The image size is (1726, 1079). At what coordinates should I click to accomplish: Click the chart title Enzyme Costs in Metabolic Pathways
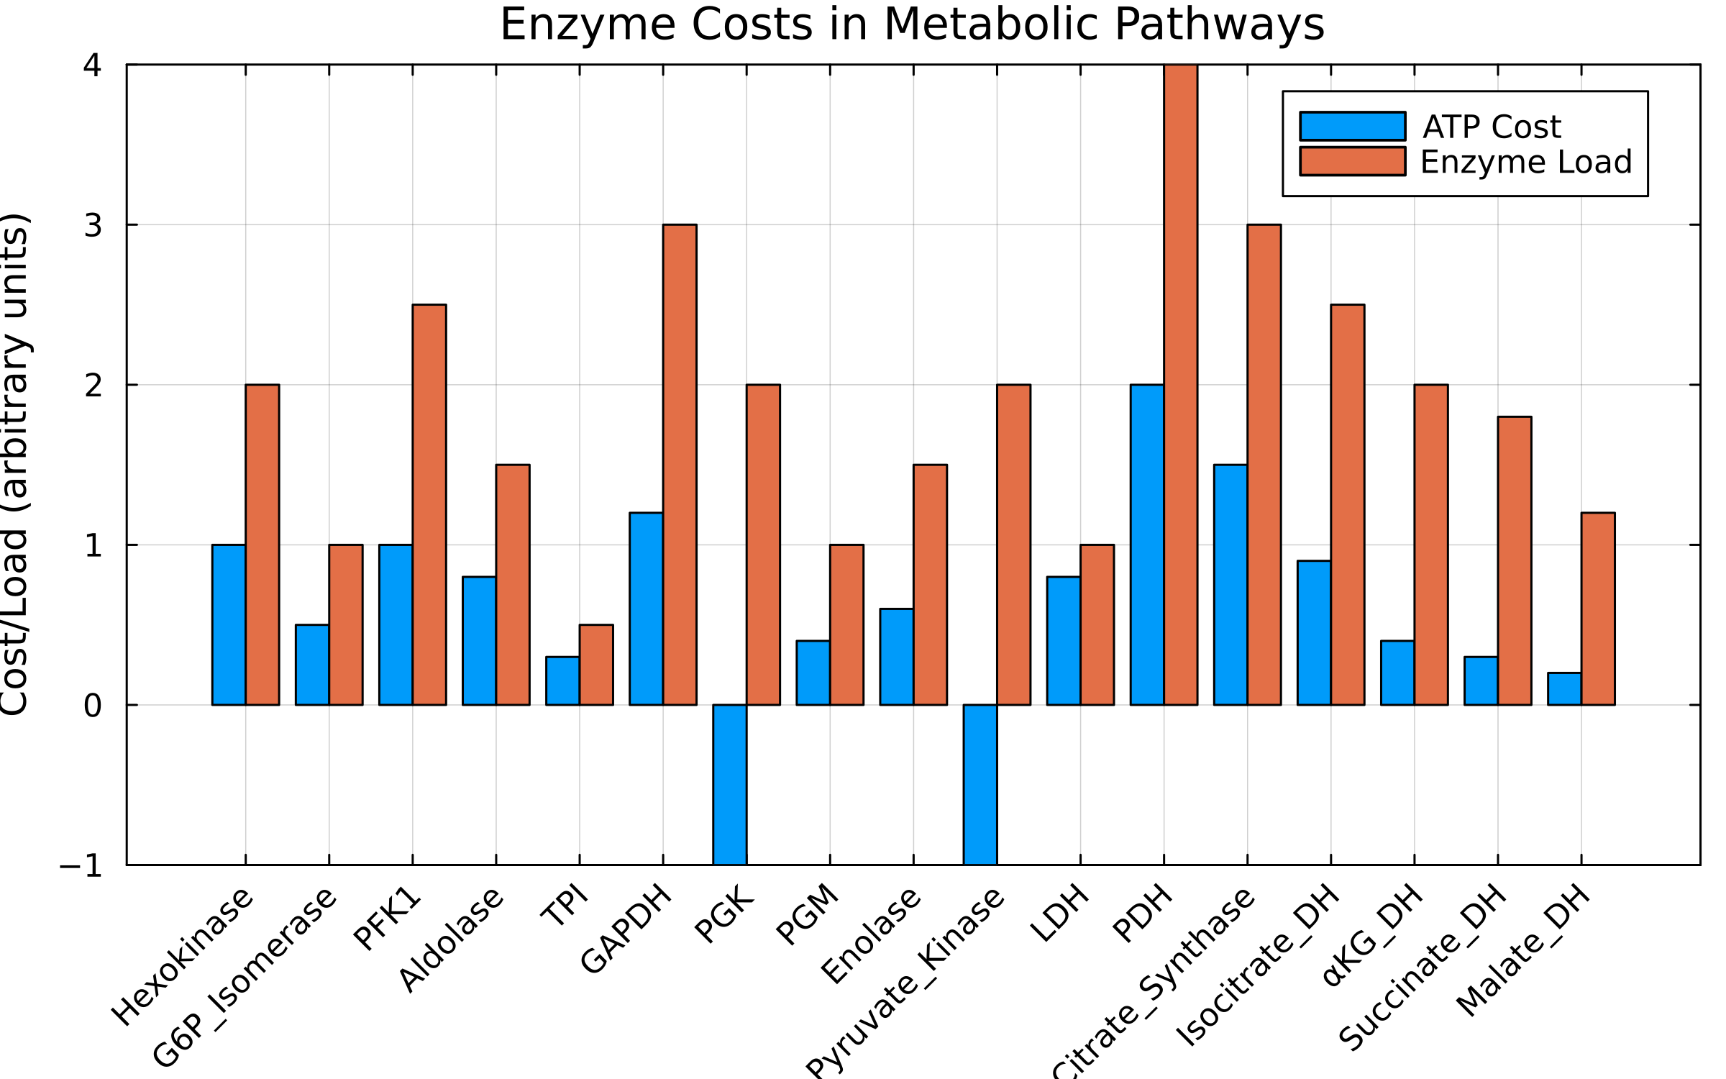coord(912,24)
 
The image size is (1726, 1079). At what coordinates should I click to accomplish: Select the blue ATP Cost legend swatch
coord(1352,127)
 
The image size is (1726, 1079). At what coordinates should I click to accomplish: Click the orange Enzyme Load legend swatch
coord(1352,161)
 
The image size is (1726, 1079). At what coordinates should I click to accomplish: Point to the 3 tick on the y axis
coord(93,225)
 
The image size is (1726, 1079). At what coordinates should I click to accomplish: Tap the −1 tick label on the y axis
coord(81,866)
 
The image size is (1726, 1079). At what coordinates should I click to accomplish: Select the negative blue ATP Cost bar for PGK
coord(730,784)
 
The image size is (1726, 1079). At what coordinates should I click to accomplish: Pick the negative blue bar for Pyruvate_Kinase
coord(980,784)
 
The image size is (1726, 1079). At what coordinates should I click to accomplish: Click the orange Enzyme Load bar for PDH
coord(1181,385)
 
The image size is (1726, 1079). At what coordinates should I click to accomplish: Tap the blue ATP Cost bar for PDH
coord(1147,545)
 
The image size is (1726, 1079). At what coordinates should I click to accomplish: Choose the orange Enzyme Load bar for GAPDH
coord(680,465)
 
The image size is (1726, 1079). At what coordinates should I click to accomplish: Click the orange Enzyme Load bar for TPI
coord(596,665)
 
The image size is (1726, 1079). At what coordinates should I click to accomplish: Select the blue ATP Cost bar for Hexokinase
coord(229,624)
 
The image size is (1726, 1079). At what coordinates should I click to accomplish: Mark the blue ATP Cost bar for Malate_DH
coord(1564,688)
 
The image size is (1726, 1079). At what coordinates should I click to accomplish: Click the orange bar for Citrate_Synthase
coord(1264,465)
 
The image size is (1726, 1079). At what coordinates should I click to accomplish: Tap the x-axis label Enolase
coord(870,935)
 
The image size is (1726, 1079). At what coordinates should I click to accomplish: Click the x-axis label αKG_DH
coord(1372,935)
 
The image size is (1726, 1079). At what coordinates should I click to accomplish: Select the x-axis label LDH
coord(1059,914)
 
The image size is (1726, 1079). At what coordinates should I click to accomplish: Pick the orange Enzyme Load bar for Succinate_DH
coord(1515,560)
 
